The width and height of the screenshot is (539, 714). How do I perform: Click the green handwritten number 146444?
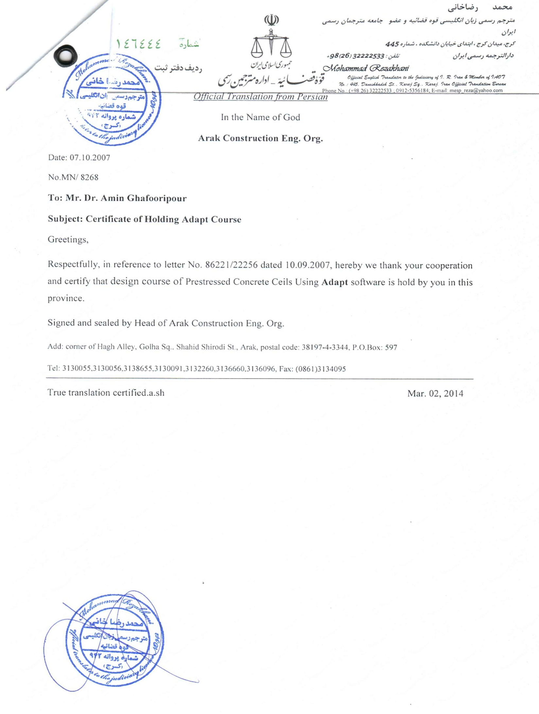tap(139, 44)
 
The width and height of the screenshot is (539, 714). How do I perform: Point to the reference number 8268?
tap(89, 177)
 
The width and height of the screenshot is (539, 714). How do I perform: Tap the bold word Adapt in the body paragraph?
tap(334, 282)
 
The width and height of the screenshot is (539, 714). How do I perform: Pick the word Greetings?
tap(68, 240)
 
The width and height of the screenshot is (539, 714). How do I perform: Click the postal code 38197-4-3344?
tap(324, 347)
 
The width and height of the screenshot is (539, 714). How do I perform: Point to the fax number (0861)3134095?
tap(321, 369)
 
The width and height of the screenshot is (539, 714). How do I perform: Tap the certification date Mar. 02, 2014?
tap(435, 393)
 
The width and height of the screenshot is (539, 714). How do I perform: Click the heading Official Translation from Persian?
tap(260, 97)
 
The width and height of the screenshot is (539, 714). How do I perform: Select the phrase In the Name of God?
tap(260, 117)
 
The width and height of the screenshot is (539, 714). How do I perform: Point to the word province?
tap(66, 298)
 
